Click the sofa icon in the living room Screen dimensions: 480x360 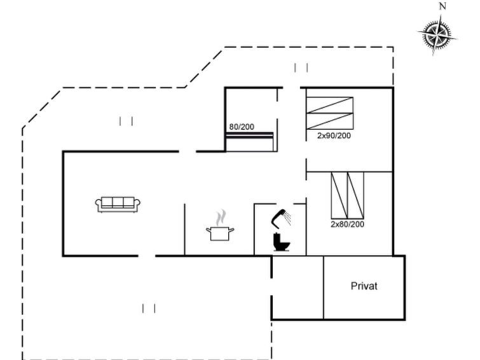pyautogui.click(x=118, y=204)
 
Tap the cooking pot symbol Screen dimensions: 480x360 pyautogui.click(x=220, y=233)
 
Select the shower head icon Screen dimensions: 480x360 pyautogui.click(x=278, y=218)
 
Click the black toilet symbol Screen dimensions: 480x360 pyautogui.click(x=282, y=242)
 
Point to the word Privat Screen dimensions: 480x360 pyautogui.click(x=364, y=286)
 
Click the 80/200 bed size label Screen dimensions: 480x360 pyautogui.click(x=242, y=127)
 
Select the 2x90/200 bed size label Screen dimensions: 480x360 pyautogui.click(x=334, y=135)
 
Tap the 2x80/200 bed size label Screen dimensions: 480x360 pyautogui.click(x=348, y=224)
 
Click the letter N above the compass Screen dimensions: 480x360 pyautogui.click(x=442, y=6)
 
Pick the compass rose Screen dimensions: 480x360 pyautogui.click(x=437, y=34)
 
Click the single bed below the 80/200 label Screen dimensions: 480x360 pyautogui.click(x=249, y=142)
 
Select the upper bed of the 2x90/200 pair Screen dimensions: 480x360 pyautogui.click(x=330, y=106)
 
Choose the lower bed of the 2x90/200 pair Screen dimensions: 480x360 pyautogui.click(x=330, y=121)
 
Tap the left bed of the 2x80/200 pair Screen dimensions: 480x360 pyautogui.click(x=339, y=195)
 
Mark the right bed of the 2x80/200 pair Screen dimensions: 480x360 pyautogui.click(x=355, y=195)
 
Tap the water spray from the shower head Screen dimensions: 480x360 pyautogui.click(x=287, y=218)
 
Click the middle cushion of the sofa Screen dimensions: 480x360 pyautogui.click(x=118, y=202)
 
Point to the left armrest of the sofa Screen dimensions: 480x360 pyautogui.click(x=99, y=205)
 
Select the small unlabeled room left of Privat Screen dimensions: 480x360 pyautogui.click(x=298, y=287)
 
